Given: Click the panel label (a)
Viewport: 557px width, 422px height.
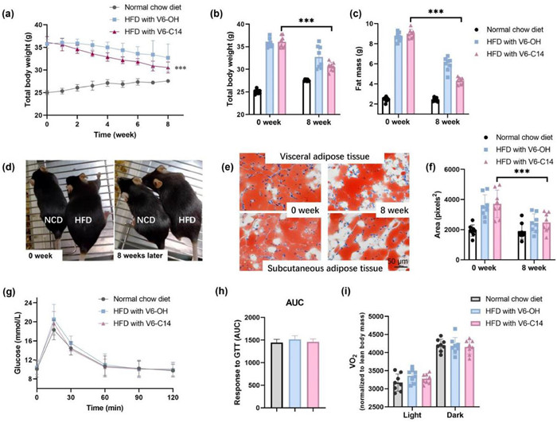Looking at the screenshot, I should pos(10,11).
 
